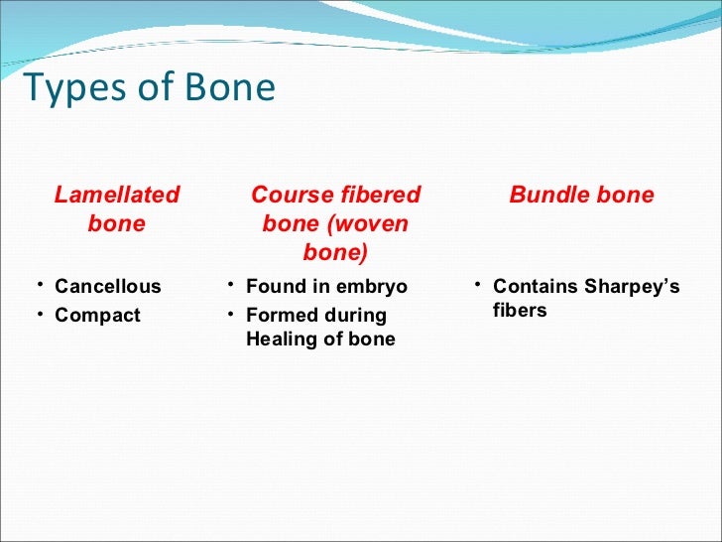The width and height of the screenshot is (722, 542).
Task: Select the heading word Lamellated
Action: [x=117, y=195]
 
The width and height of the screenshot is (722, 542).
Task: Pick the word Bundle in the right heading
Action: [x=547, y=195]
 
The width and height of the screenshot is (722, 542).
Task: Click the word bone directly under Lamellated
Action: [x=117, y=223]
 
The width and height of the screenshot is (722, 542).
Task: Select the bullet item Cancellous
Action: [x=107, y=287]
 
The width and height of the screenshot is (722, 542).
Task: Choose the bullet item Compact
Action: [x=97, y=316]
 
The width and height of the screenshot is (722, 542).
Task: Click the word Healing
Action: [x=280, y=339]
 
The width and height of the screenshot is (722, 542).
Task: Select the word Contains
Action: [x=535, y=287]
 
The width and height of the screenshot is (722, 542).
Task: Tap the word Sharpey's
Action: [x=632, y=287]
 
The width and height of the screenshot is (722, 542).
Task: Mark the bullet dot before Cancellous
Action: [x=37, y=287]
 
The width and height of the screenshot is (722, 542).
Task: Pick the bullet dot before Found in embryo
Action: [x=228, y=287]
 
